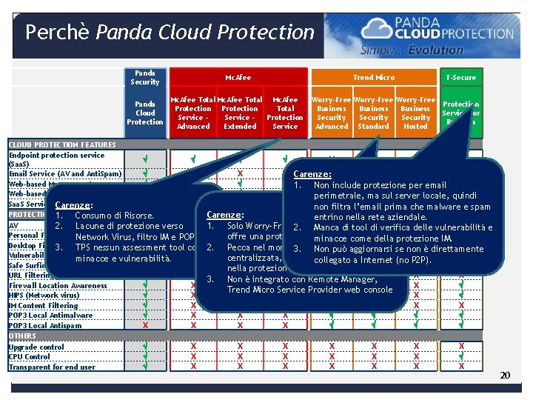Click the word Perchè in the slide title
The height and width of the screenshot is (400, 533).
pyautogui.click(x=58, y=33)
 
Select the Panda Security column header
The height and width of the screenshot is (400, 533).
pyautogui.click(x=144, y=77)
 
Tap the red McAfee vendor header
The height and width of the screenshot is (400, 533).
pyautogui.click(x=238, y=77)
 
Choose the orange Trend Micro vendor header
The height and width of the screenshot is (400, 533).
pyautogui.click(x=374, y=77)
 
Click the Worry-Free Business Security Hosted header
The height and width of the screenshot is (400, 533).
pyautogui.click(x=415, y=113)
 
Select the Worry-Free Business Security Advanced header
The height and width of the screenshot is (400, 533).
pyautogui.click(x=332, y=113)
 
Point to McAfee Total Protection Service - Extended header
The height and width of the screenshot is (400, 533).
pyautogui.click(x=239, y=113)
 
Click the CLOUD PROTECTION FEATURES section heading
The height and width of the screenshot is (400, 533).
pyautogui.click(x=62, y=145)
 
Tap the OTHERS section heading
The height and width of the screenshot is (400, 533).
pyautogui.click(x=22, y=336)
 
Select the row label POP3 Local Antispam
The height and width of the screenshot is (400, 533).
pyautogui.click(x=45, y=325)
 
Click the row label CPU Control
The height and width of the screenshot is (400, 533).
pyautogui.click(x=30, y=356)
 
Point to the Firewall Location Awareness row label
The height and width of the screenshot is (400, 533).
pyautogui.click(x=58, y=285)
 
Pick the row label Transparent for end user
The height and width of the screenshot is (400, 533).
pyautogui.click(x=52, y=367)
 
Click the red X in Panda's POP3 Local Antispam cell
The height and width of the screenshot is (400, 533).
pyautogui.click(x=145, y=325)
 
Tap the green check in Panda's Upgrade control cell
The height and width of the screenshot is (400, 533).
pyautogui.click(x=145, y=347)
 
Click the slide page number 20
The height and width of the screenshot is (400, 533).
pyautogui.click(x=505, y=376)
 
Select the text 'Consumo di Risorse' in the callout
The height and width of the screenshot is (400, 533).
pyautogui.click(x=114, y=216)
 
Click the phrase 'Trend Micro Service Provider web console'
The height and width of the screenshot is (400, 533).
pyautogui.click(x=309, y=289)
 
